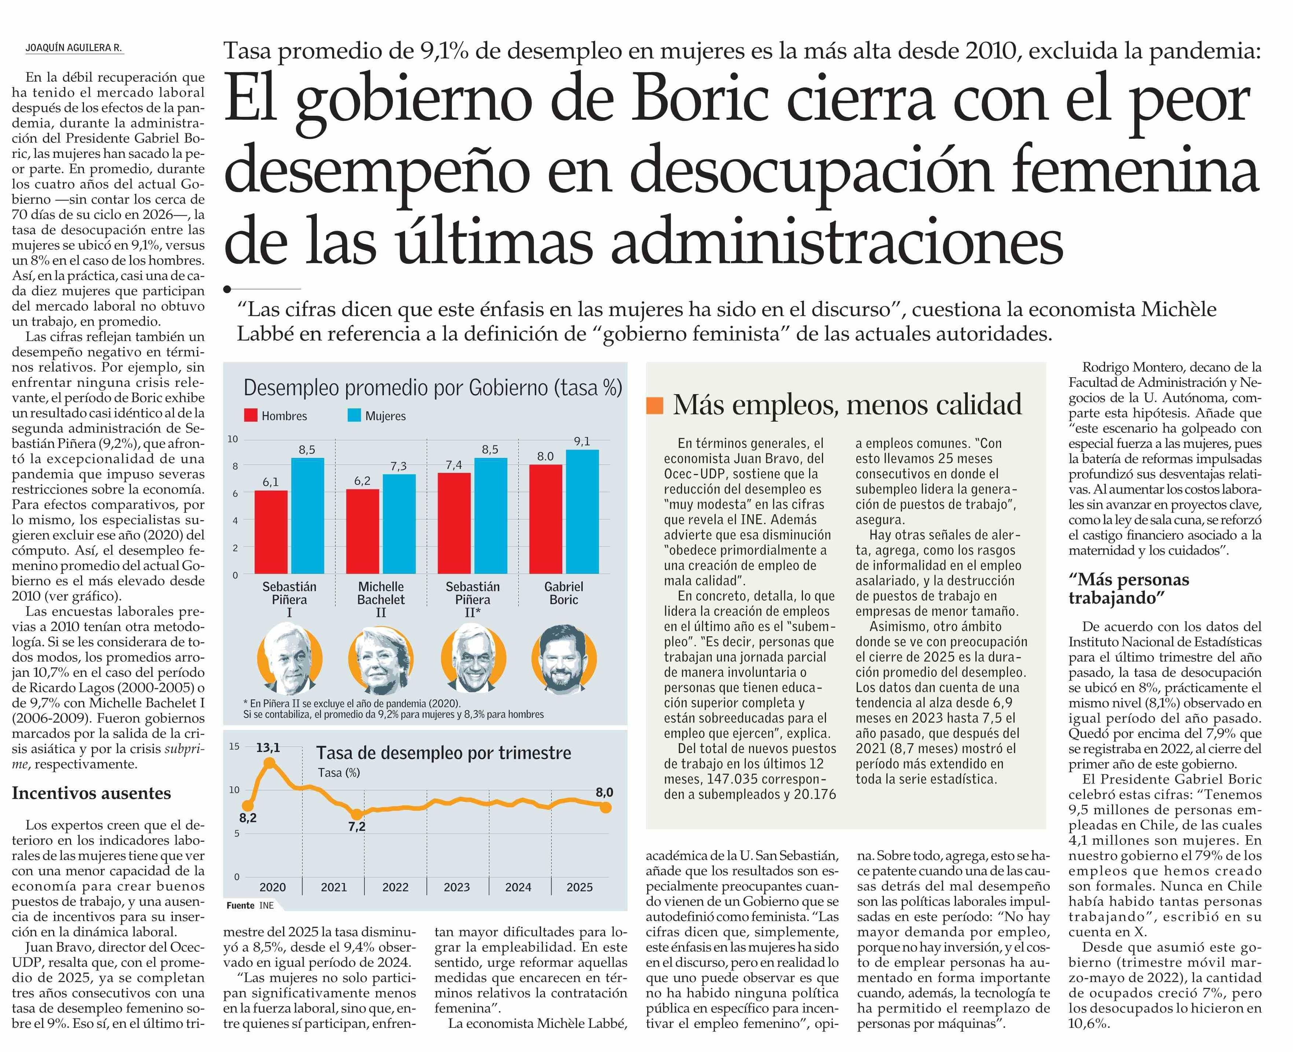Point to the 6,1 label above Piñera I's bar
[270, 482]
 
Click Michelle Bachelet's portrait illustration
[381, 660]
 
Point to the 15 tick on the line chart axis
[234, 746]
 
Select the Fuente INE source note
[250, 905]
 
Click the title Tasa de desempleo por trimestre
[444, 753]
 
